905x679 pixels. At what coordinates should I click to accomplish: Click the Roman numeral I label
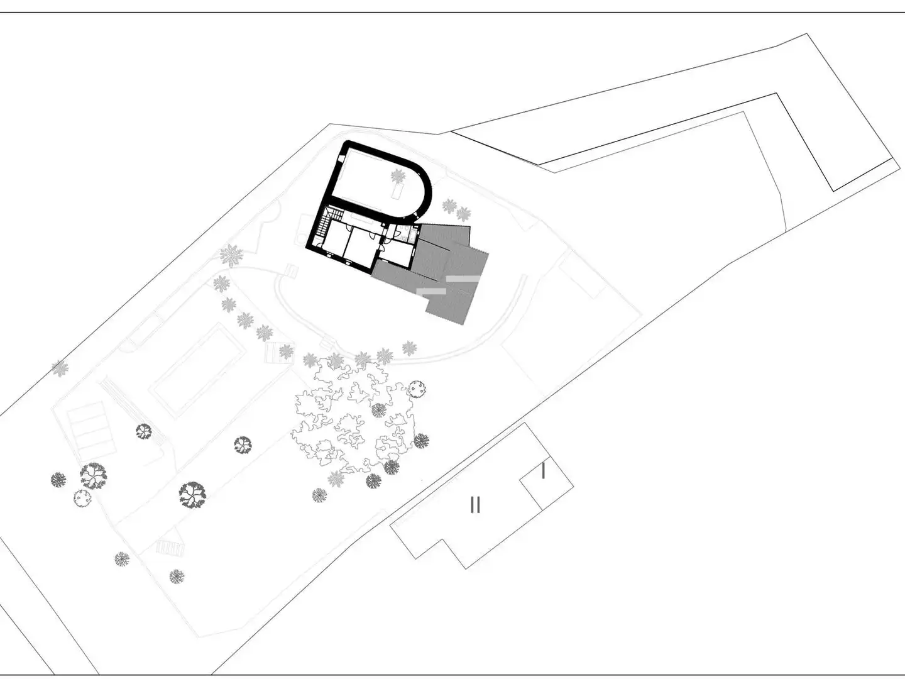544,471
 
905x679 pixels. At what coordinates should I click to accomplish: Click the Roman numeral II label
475,504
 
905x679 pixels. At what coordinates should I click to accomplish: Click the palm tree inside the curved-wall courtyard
398,177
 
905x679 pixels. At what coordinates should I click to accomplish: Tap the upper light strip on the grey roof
463,279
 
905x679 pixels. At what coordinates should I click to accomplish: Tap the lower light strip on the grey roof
431,291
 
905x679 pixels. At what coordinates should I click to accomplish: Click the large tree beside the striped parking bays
93,475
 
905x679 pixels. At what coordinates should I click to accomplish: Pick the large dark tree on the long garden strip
192,494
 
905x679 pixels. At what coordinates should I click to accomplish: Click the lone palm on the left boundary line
60,368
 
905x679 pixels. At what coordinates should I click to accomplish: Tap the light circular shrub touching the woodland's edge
417,389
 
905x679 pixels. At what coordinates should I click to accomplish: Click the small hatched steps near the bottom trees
170,548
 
